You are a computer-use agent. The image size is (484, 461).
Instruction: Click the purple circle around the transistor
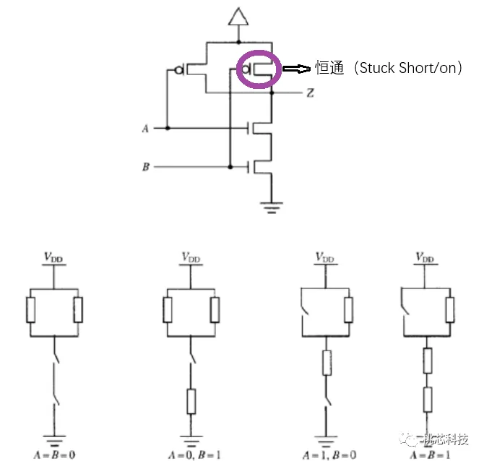(x=259, y=70)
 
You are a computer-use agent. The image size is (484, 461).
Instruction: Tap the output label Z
(x=310, y=93)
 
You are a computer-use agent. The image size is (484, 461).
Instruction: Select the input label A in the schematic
(x=145, y=129)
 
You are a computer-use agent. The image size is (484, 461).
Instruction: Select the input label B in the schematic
(x=145, y=168)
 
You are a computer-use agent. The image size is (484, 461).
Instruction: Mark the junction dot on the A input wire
(x=167, y=128)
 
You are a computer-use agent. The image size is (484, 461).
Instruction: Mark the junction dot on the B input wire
(x=230, y=167)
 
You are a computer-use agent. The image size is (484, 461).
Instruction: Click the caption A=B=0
(x=54, y=454)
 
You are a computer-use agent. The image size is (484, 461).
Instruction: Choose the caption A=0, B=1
(x=191, y=454)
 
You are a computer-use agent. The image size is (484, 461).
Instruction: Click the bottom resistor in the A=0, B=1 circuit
(x=191, y=400)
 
